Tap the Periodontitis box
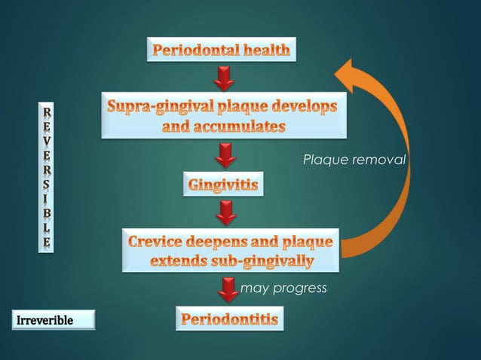coord(230,319)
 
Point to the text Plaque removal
coord(354,160)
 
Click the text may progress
coord(283,288)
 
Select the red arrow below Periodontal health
coord(224,78)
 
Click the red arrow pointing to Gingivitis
coord(224,155)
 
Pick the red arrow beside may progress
coord(225,288)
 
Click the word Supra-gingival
coord(159,108)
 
